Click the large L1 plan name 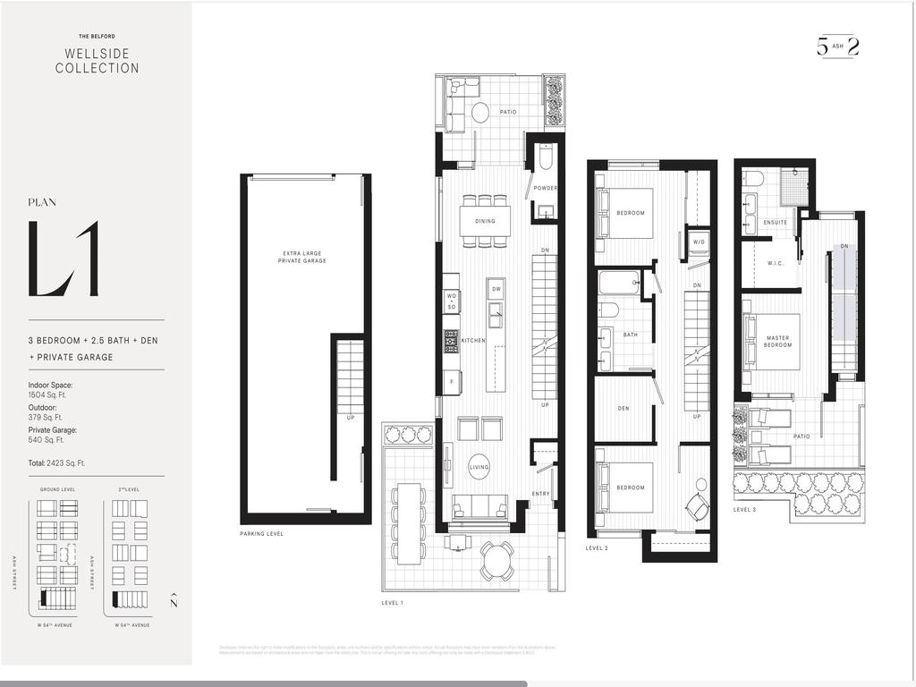point(64,259)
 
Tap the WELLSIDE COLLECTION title point(97,61)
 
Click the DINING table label point(485,220)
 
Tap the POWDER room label point(545,189)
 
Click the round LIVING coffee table point(479,466)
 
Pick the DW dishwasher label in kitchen point(496,289)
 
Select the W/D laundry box point(700,242)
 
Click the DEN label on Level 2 point(623,409)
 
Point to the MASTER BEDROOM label point(777,341)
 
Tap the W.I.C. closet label point(775,264)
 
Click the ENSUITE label point(776,222)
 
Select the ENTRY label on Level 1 point(541,494)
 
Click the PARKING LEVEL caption point(262,534)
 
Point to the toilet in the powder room point(545,158)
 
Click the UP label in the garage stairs point(351,418)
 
